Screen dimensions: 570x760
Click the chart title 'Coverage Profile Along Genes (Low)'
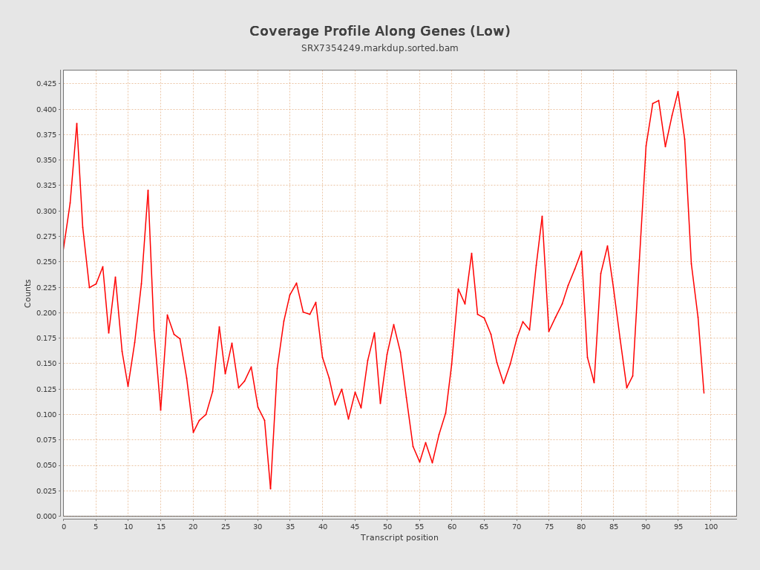click(379, 31)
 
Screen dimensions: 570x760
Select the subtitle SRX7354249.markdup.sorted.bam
click(379, 48)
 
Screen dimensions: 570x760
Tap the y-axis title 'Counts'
click(28, 293)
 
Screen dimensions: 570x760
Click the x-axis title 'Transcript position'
click(399, 537)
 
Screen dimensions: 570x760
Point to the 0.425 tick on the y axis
click(46, 84)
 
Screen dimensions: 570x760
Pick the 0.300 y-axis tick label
click(46, 211)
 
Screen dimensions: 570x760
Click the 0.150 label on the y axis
click(46, 364)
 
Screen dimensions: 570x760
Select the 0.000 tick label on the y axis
click(46, 516)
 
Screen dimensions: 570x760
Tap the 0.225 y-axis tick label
click(46, 287)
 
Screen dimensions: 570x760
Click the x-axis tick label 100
click(711, 526)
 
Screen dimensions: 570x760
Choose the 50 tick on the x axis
click(387, 526)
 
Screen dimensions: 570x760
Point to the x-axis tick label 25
click(226, 526)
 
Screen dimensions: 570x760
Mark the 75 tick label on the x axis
click(549, 526)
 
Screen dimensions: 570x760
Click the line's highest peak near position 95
click(678, 91)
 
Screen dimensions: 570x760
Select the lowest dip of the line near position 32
click(270, 488)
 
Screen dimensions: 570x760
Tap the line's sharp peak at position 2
click(76, 123)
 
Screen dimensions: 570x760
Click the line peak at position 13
click(148, 190)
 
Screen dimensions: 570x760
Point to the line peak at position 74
click(543, 216)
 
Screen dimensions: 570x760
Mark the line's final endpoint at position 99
click(704, 393)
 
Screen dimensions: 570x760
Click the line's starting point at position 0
click(64, 249)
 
